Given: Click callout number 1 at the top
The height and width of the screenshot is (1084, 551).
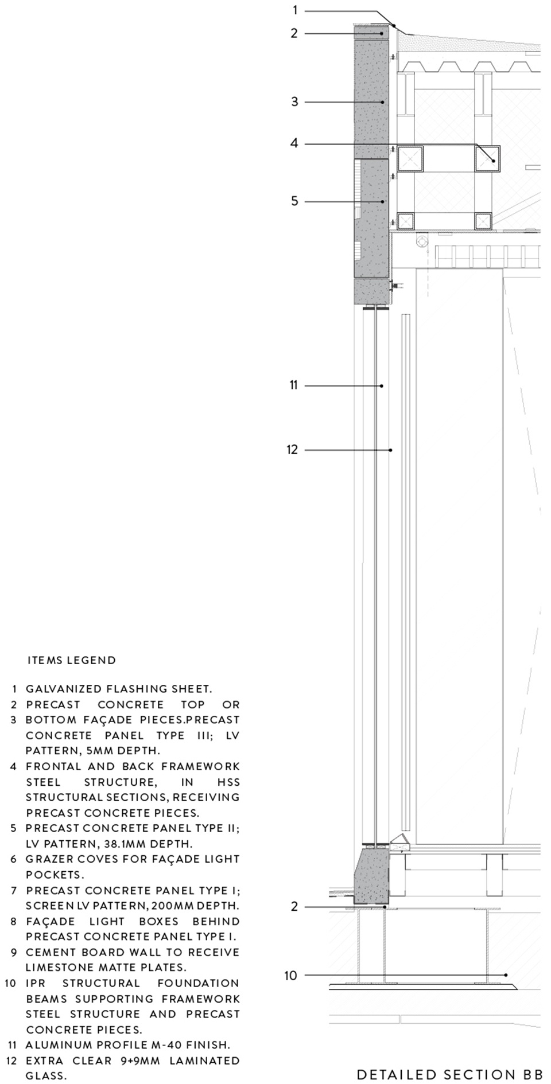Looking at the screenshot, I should [295, 10].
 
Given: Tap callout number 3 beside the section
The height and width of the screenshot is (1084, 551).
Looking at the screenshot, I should [294, 102].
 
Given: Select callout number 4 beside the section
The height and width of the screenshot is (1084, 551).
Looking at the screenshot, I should [294, 143].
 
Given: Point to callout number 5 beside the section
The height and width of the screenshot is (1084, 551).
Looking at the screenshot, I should [294, 201].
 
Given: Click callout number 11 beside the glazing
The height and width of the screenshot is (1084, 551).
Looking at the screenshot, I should [294, 385].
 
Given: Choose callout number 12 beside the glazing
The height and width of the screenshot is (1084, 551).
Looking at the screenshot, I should [293, 450].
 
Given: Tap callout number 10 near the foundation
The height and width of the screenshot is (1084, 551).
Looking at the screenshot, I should [291, 975].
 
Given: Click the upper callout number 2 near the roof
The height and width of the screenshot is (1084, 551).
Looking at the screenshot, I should [294, 33].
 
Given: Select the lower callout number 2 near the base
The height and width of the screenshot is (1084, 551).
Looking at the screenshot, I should [294, 907].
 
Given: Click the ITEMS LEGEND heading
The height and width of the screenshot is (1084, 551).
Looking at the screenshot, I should [72, 660].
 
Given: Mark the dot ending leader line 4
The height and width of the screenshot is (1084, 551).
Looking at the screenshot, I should [493, 162].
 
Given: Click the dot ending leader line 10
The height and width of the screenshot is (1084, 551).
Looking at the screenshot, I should [506, 975].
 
